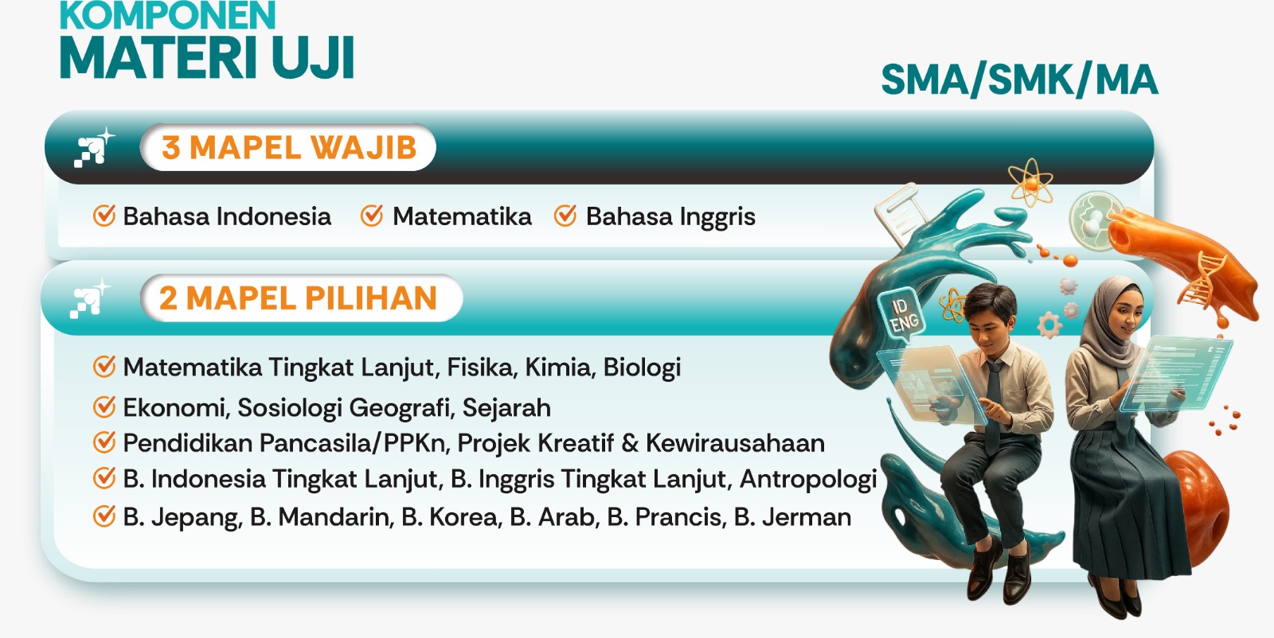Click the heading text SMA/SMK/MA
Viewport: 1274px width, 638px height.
click(x=1019, y=80)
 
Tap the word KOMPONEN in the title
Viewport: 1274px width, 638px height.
click(x=168, y=15)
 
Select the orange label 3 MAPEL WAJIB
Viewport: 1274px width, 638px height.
click(x=289, y=148)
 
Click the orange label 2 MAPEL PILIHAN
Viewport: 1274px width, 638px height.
click(x=298, y=298)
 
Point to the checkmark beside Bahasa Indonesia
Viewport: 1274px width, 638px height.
click(x=104, y=216)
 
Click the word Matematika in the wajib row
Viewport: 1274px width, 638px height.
click(x=462, y=216)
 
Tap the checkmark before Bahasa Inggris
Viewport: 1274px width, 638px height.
click(x=565, y=216)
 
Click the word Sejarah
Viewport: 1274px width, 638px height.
click(x=506, y=408)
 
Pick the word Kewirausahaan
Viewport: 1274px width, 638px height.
click(x=736, y=443)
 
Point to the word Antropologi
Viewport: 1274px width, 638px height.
click(x=808, y=480)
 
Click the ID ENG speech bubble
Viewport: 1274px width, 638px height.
click(x=903, y=315)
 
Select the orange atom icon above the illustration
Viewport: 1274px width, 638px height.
click(x=1030, y=182)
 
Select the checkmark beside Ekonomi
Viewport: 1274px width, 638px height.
click(x=104, y=407)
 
